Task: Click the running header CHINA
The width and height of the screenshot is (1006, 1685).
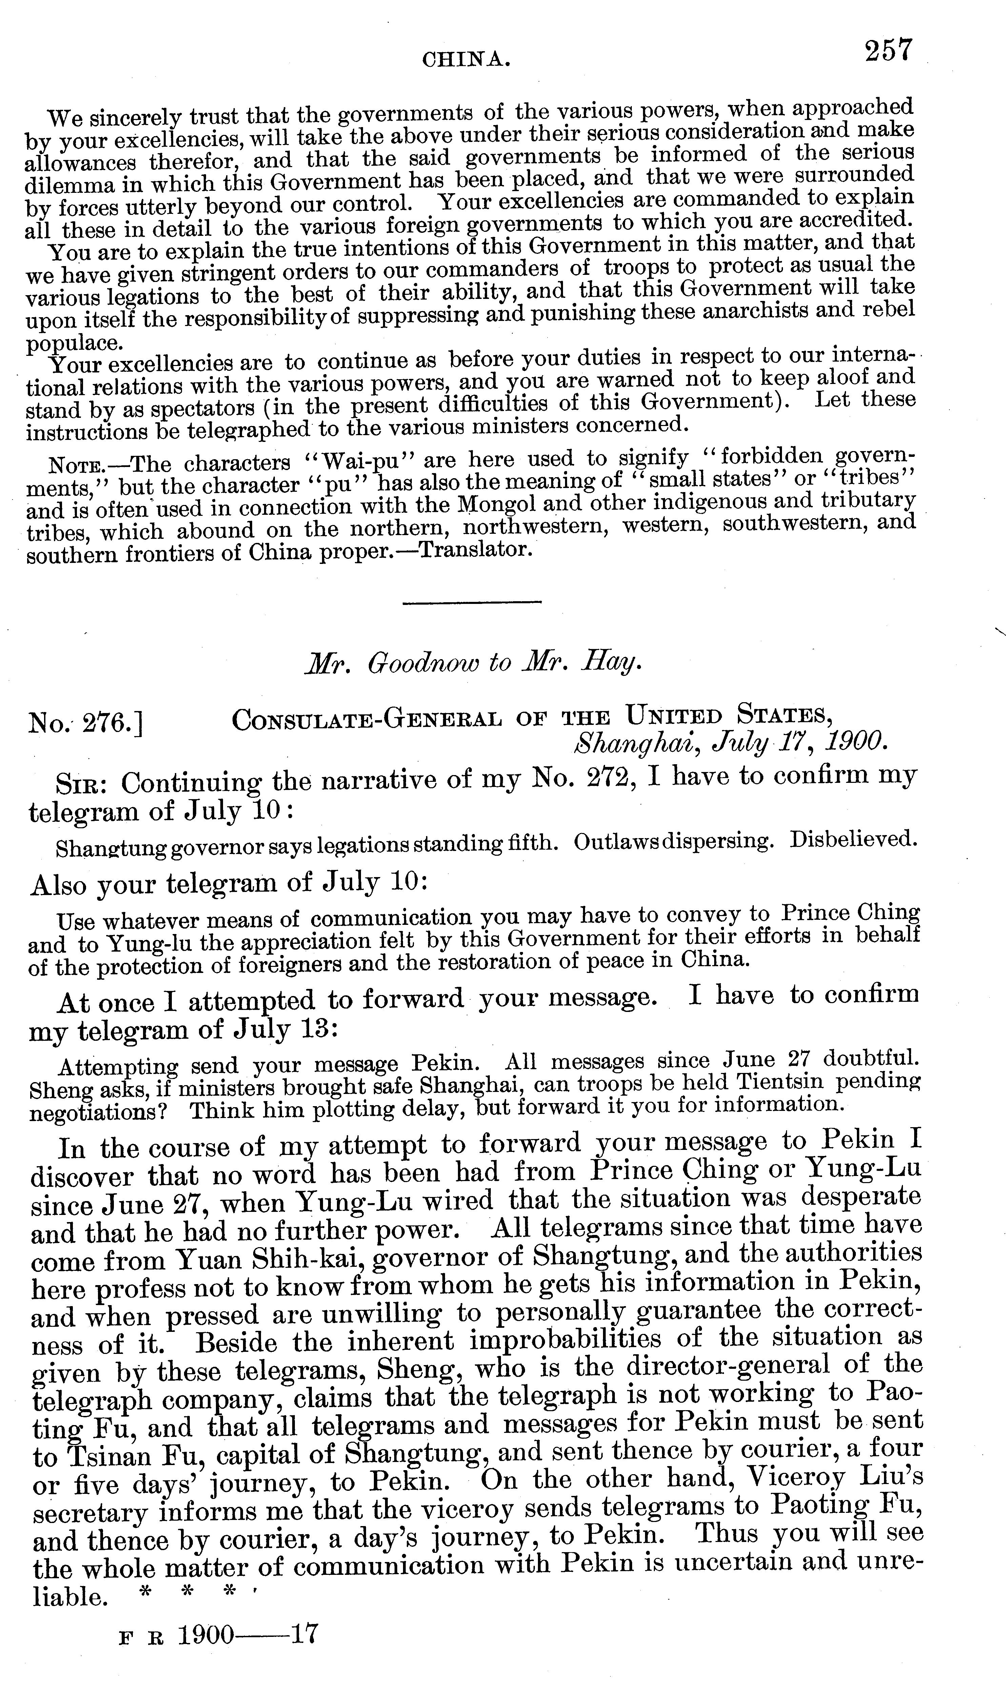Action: point(466,61)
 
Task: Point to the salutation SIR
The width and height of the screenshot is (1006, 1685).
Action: point(80,785)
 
